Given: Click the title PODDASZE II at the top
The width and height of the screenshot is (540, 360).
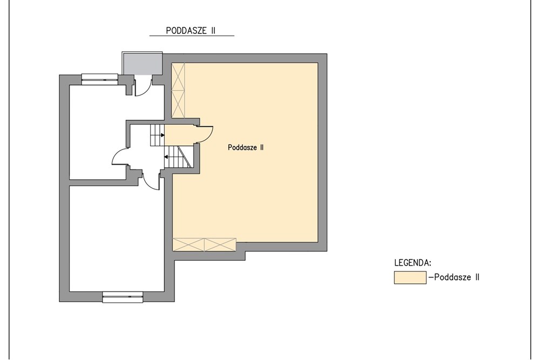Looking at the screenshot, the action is point(191,30).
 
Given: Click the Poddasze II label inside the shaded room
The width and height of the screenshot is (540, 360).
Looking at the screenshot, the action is point(246,147).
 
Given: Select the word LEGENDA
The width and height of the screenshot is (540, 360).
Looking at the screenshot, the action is point(413,263).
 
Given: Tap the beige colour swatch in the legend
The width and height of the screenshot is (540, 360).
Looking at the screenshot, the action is point(410,277).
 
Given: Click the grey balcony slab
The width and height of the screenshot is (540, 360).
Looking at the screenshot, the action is point(142,63).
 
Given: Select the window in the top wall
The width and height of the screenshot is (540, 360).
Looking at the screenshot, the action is point(99,79).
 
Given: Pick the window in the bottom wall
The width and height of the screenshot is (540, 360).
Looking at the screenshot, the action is point(123,297).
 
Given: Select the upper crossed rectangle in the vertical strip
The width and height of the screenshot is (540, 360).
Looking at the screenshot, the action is point(178,76).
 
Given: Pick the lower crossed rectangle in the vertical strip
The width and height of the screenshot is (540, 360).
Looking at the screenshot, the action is point(178,103).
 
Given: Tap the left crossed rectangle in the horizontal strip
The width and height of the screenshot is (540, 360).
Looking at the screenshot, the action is point(188,244).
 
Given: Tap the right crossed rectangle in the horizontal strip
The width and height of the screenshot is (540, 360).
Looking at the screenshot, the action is point(220,244).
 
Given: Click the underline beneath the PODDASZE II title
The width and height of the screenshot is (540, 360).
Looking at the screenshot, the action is point(192,36).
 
